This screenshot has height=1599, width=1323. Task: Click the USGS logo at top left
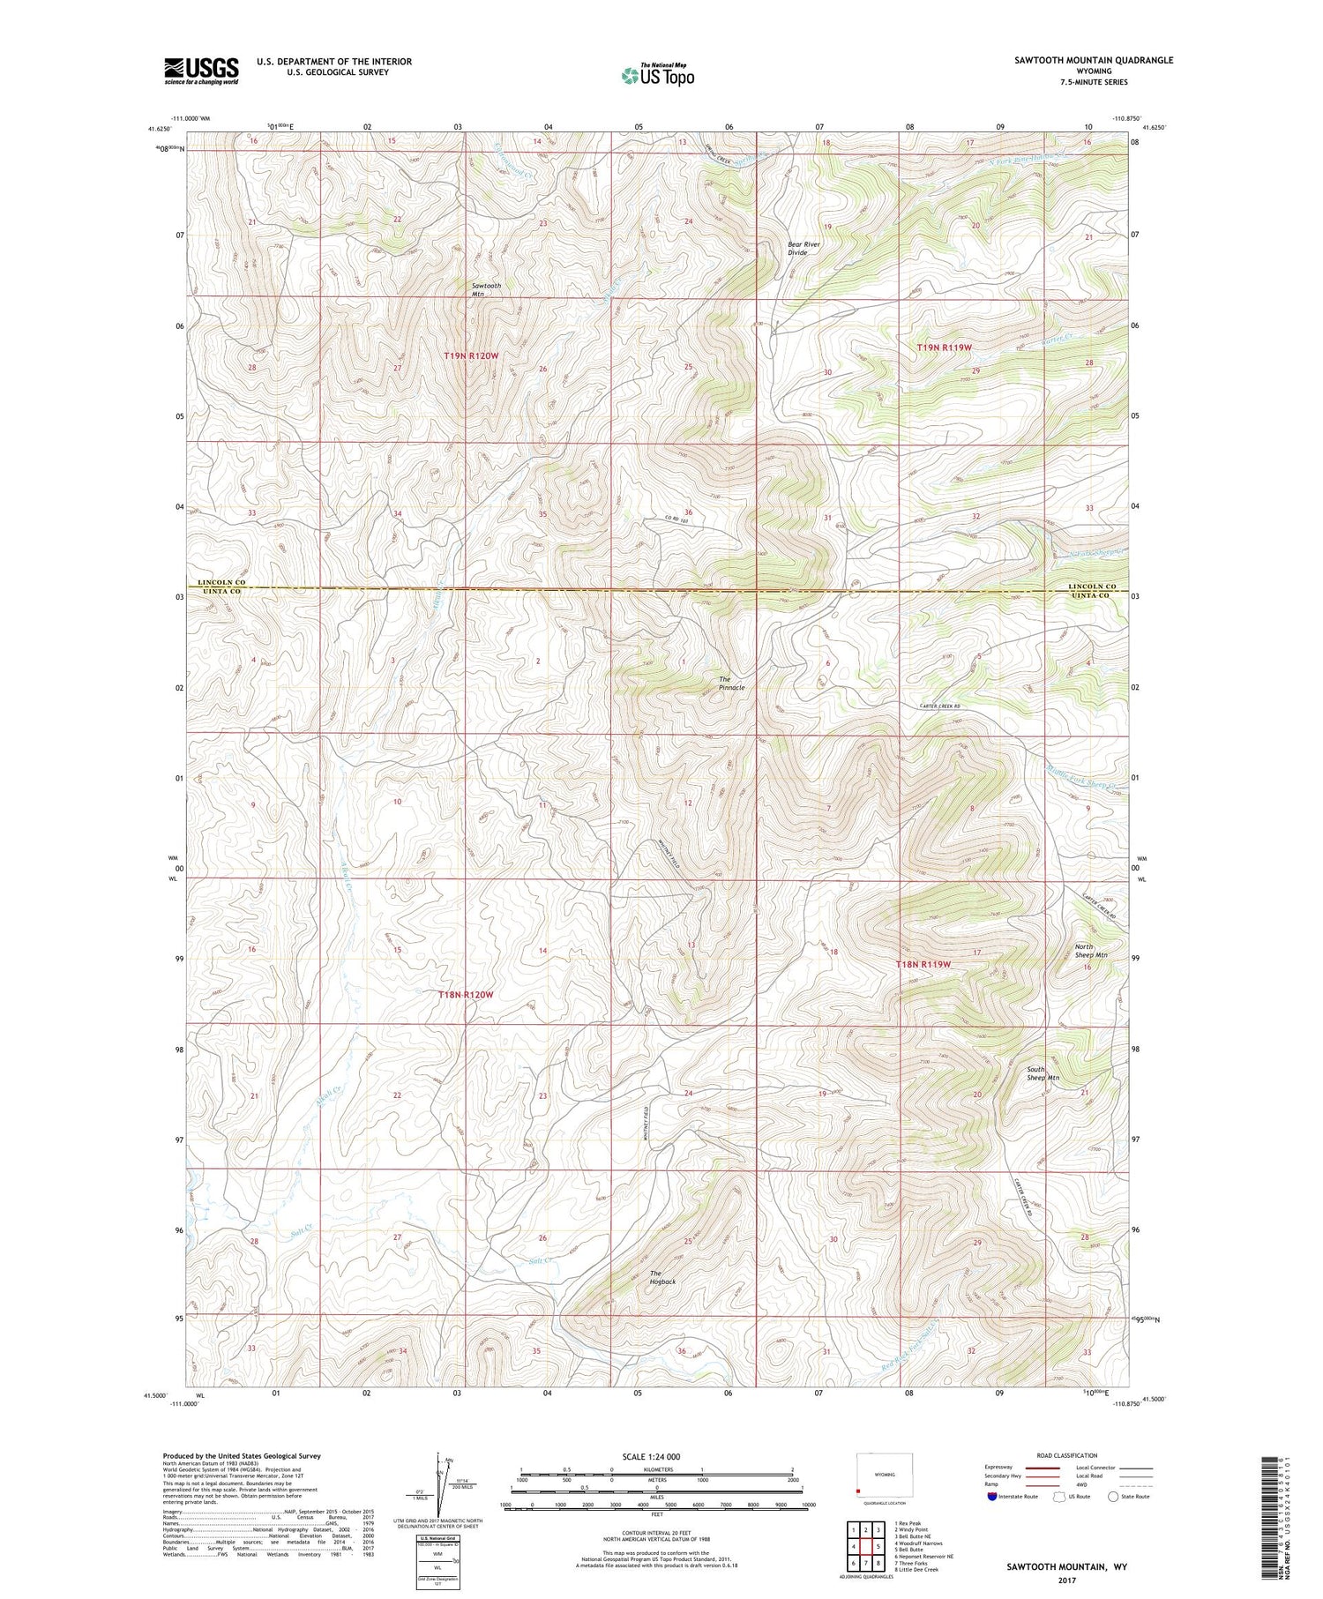pyautogui.click(x=201, y=71)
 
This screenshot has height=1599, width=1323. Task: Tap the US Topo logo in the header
pyautogui.click(x=657, y=76)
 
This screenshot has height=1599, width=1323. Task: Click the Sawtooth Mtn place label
pyautogui.click(x=486, y=290)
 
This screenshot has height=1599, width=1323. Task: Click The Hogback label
pyautogui.click(x=662, y=1277)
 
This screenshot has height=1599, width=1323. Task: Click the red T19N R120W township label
pyautogui.click(x=471, y=355)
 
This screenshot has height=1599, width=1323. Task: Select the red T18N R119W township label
pyautogui.click(x=923, y=964)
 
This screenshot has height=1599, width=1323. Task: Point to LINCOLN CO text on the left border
pyautogui.click(x=220, y=583)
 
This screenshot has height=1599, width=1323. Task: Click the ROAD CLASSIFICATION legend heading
pyautogui.click(x=1067, y=1455)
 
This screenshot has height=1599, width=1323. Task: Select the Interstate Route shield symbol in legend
pyautogui.click(x=992, y=1497)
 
